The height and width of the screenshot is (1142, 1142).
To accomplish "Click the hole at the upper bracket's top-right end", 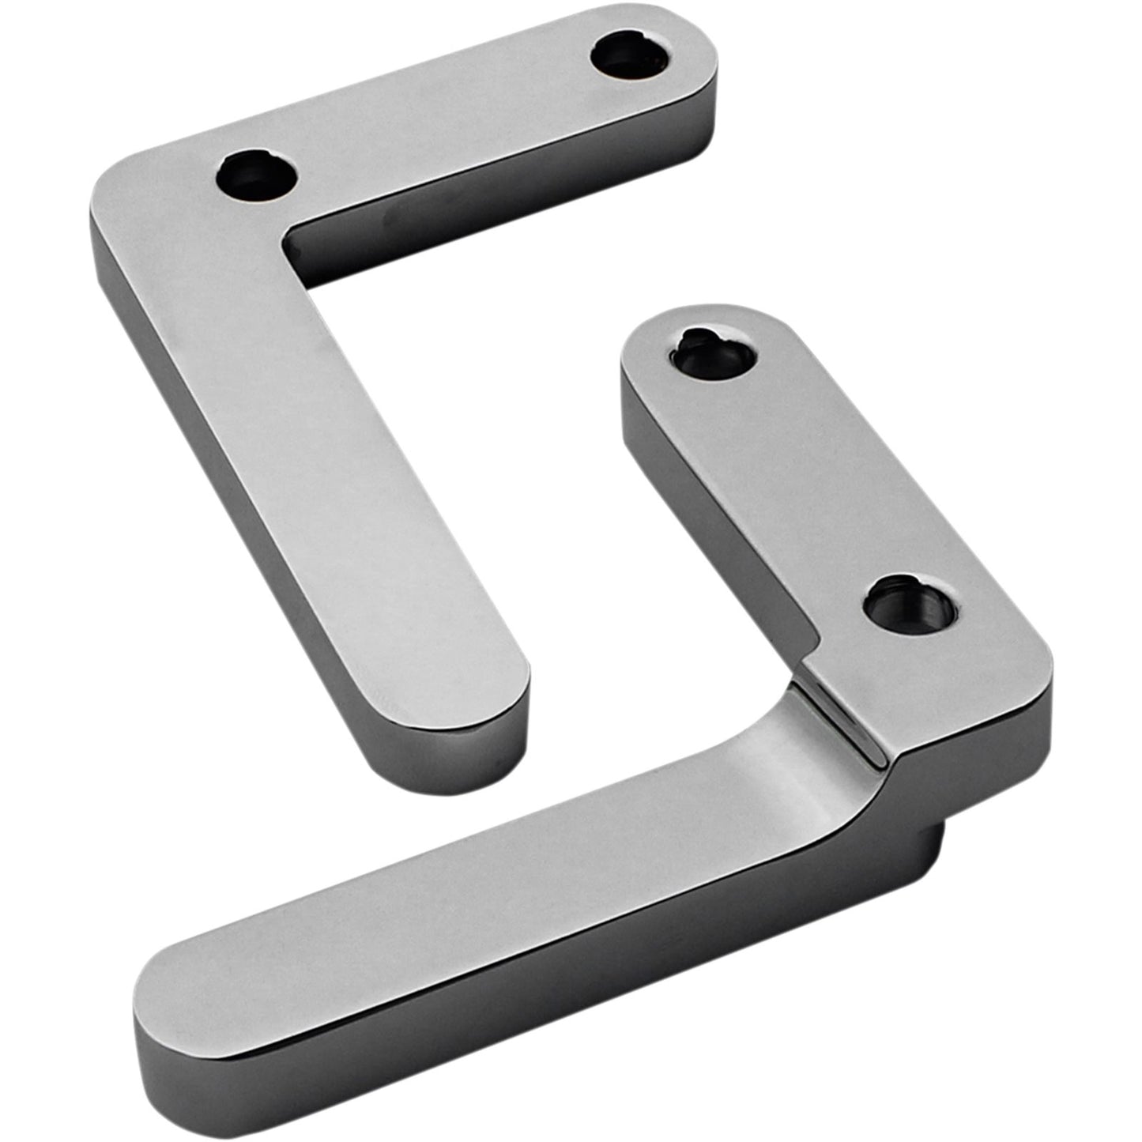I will (x=631, y=55).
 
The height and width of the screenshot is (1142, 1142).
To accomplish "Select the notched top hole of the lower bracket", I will (x=717, y=353).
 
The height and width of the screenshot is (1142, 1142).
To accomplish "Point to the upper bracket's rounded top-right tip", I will (x=699, y=47).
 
